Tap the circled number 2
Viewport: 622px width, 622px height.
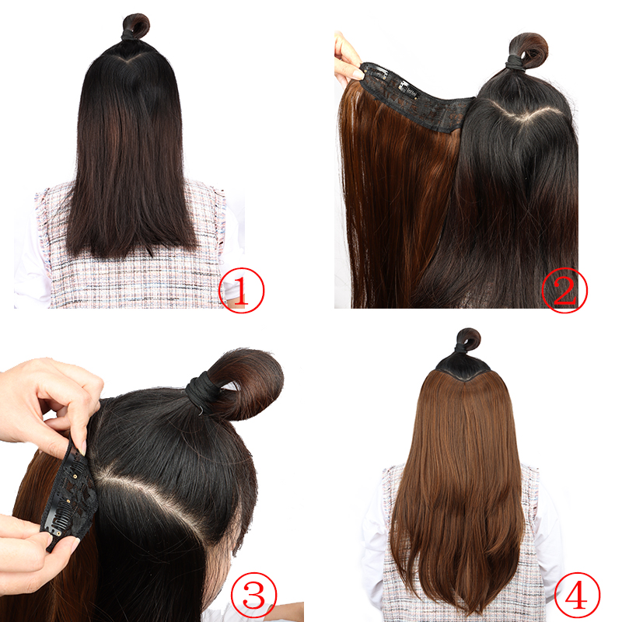564,289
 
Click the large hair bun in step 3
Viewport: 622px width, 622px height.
247,381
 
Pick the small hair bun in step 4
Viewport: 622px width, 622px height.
467,340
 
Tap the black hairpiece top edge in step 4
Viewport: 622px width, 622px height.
463,372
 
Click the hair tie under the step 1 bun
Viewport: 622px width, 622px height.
129,35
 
